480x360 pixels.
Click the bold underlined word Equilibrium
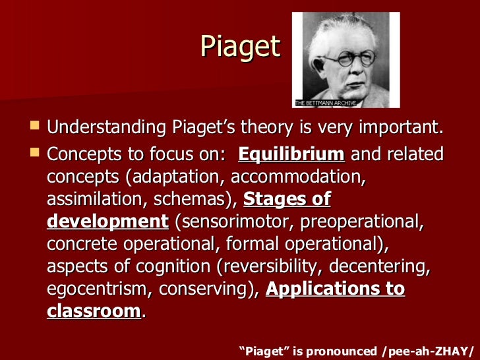[x=291, y=155]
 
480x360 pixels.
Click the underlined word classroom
[x=94, y=311]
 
